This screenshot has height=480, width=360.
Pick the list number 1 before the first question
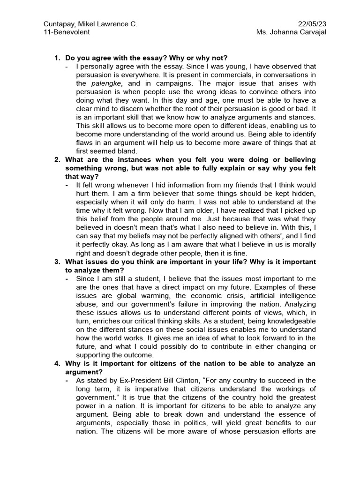tap(57, 58)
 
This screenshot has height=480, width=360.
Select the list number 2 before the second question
tap(57, 160)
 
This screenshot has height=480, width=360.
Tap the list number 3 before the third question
tap(57, 262)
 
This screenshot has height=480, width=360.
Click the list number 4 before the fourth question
tap(57, 363)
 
